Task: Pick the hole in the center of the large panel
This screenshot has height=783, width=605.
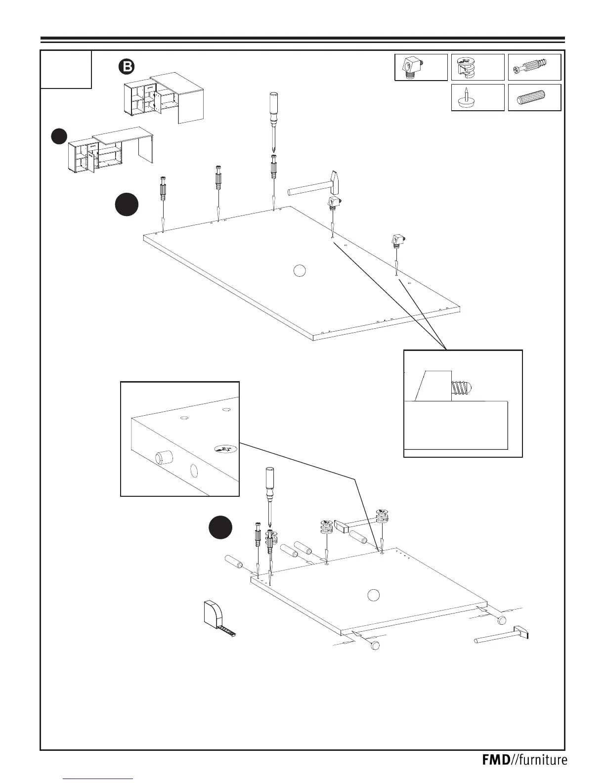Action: tap(299, 270)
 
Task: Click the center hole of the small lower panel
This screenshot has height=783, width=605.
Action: tap(373, 595)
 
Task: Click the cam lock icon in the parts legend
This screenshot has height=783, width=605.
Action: tap(467, 68)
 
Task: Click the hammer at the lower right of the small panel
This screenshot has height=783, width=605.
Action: tap(502, 635)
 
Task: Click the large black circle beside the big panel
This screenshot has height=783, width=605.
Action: tap(127, 205)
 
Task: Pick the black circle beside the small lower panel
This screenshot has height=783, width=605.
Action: tap(219, 528)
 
